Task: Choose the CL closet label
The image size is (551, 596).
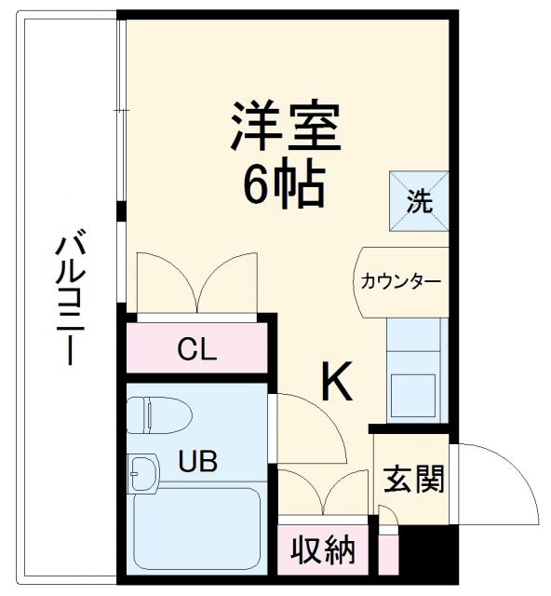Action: coord(197,350)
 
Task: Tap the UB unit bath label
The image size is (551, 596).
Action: coord(200,460)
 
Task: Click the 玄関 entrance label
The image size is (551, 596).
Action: coord(413,480)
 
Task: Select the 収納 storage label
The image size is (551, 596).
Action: coord(323,550)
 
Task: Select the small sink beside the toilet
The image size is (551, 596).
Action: coord(141,474)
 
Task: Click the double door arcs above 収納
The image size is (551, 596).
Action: coord(323,492)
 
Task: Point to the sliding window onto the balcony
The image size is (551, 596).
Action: coord(121,112)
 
